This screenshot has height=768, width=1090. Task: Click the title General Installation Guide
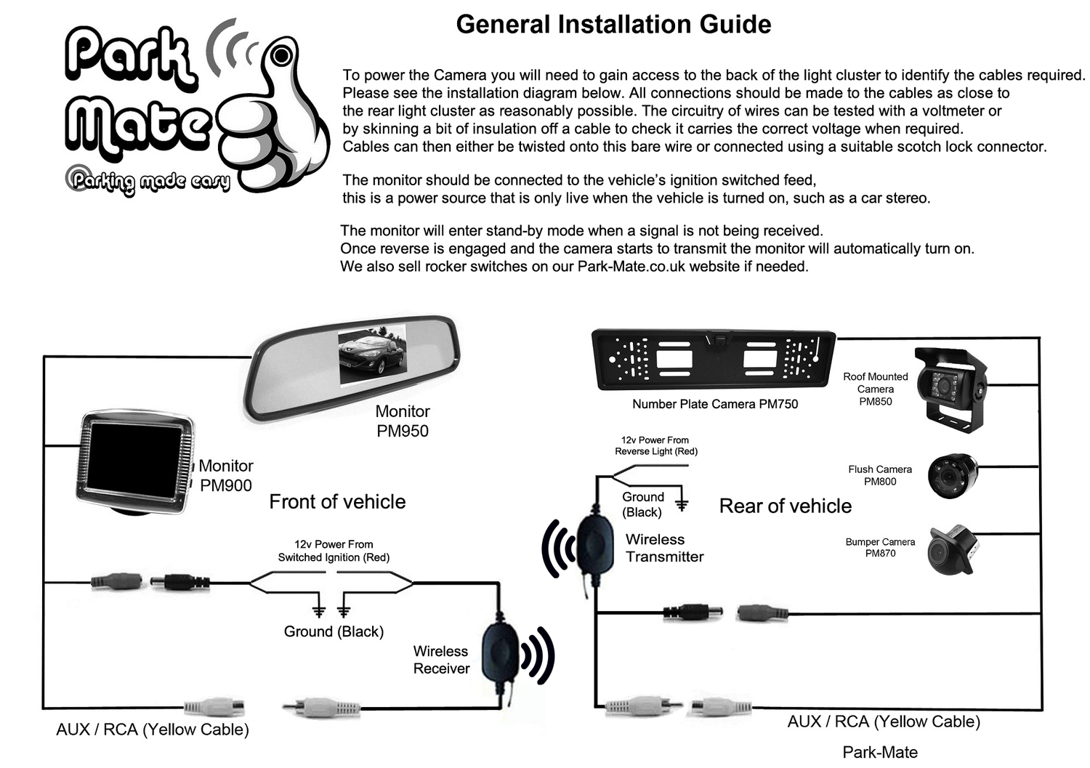613,25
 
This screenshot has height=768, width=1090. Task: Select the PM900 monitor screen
135,458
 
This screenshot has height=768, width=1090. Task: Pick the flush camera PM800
953,476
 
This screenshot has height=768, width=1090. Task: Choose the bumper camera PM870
951,549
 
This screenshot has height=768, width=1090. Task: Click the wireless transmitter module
594,543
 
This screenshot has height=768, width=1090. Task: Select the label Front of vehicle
337,502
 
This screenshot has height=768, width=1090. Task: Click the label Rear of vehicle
785,506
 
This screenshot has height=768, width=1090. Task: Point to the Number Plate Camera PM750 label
714,405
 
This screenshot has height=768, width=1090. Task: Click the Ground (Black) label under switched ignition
334,631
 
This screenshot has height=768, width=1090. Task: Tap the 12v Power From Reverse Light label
655,446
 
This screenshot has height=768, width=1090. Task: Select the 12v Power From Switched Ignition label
334,551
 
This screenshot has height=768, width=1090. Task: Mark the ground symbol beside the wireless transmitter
682,504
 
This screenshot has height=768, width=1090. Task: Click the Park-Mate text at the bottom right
879,752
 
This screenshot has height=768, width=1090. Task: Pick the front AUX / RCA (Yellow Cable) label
153,729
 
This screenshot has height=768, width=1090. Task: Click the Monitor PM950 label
403,421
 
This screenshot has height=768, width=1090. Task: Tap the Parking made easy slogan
149,182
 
